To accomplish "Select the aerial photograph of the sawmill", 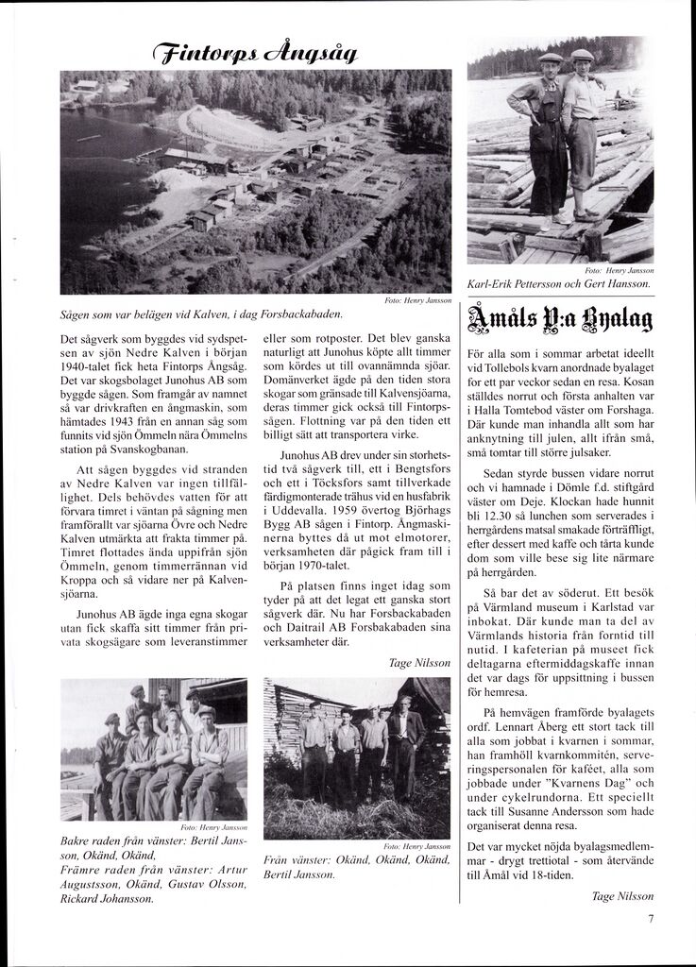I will (x=255, y=181).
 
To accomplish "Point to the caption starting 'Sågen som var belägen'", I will (x=201, y=313).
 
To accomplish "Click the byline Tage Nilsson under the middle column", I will (x=419, y=664).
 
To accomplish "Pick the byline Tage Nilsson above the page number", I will (x=621, y=896).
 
